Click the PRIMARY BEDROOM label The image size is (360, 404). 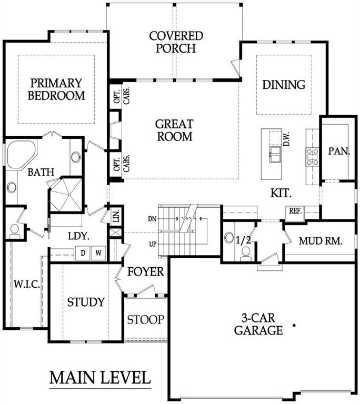point(56,89)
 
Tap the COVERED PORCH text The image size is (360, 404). point(176,42)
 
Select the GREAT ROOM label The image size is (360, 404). point(174,130)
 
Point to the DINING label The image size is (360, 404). point(284,85)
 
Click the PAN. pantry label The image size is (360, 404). point(339,151)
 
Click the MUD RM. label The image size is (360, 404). point(321,241)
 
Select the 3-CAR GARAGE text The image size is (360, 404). point(258,324)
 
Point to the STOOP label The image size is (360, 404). point(146,319)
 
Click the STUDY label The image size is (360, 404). point(86,302)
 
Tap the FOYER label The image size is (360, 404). point(146,272)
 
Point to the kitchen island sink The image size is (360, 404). point(275,154)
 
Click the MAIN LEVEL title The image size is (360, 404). point(100,378)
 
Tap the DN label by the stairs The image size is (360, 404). point(152,217)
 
